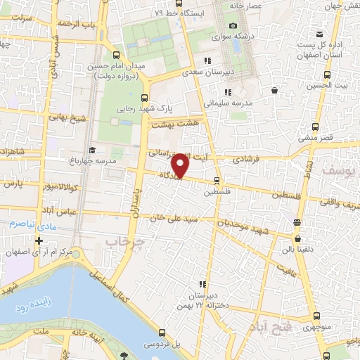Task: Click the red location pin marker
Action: coord(181,165)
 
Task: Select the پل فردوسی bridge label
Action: coord(163,345)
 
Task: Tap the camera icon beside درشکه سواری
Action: coord(232,26)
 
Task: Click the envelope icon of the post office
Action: coord(320,34)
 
